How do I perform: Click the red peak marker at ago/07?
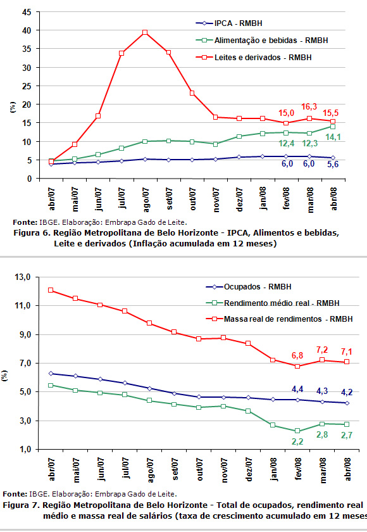pos(145,32)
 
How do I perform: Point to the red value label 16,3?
pos(309,107)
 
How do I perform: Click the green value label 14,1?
pos(333,137)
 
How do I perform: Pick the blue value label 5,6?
pos(333,164)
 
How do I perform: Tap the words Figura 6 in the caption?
pos(28,233)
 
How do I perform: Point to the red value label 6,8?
pos(297,355)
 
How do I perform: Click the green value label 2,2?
pos(297,442)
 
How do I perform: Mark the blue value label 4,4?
pos(297,389)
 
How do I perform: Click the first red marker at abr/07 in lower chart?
pos(51,290)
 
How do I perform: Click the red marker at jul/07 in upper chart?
pos(121,53)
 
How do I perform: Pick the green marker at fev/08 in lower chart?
pos(297,431)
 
